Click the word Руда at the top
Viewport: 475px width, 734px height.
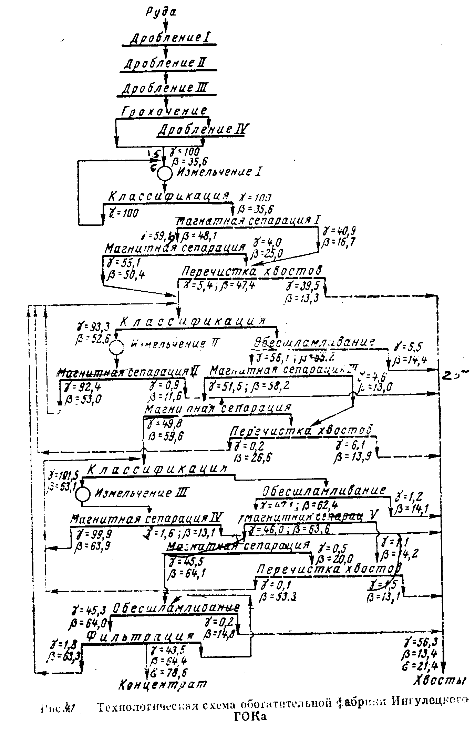click(x=161, y=13)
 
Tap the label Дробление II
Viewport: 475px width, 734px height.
click(x=165, y=63)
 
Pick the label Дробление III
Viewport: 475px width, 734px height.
click(x=165, y=88)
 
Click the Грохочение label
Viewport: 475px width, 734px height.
click(x=165, y=111)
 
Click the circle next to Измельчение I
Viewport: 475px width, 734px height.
click(x=165, y=173)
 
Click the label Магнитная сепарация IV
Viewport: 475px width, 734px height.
click(x=147, y=518)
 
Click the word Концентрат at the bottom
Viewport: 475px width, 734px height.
click(x=163, y=683)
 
